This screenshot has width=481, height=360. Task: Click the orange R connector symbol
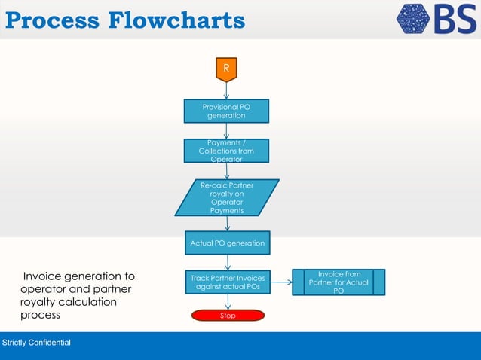coord(226,69)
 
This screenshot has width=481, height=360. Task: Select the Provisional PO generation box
coord(226,111)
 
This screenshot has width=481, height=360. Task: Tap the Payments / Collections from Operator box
coord(226,151)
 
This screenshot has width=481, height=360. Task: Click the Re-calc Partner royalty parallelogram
coord(226,197)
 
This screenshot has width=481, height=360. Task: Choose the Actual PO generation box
coord(226,243)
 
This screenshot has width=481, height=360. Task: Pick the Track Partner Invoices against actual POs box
coord(227,282)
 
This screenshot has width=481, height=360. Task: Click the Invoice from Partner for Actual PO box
coord(339,282)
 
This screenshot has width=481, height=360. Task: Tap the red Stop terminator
coord(227,316)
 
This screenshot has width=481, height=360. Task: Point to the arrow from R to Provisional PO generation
coord(226,90)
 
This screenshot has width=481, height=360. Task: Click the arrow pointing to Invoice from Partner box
coord(281,283)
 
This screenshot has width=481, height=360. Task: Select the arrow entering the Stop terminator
coord(227,302)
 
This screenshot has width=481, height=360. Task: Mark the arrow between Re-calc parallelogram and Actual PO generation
coord(226,224)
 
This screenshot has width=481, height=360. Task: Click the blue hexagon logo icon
coord(413,19)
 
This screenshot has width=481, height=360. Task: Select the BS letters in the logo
coord(455,19)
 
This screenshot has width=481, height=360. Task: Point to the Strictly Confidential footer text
coord(37,343)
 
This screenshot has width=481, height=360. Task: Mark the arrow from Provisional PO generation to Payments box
coord(226,131)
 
